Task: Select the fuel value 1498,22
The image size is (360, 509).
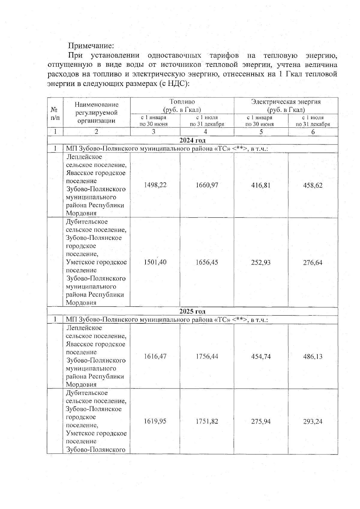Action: [x=155, y=185]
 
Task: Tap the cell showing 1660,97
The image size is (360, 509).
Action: [x=207, y=185]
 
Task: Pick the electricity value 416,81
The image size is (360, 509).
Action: [x=261, y=185]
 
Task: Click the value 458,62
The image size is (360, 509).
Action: [x=313, y=185]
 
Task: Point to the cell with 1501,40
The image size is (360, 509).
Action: [x=155, y=262]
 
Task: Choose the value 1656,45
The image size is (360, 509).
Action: [x=207, y=262]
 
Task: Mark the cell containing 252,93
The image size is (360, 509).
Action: [x=261, y=262]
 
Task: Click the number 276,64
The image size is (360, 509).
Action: [x=313, y=263]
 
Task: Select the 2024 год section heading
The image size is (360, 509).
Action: [x=192, y=140]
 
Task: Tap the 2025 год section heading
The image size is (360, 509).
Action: [x=192, y=311]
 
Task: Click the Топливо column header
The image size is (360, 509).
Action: [x=182, y=106]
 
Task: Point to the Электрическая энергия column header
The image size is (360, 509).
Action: [x=286, y=106]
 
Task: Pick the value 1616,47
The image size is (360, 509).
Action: [x=155, y=356]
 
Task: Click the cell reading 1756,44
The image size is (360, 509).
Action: [x=207, y=356]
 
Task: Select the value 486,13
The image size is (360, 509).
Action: [x=313, y=357]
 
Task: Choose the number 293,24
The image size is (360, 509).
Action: [x=313, y=421]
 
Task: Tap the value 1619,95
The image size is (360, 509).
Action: [x=155, y=421]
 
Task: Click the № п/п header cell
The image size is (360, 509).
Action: [x=55, y=113]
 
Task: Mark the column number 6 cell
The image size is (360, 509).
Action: [x=313, y=132]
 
